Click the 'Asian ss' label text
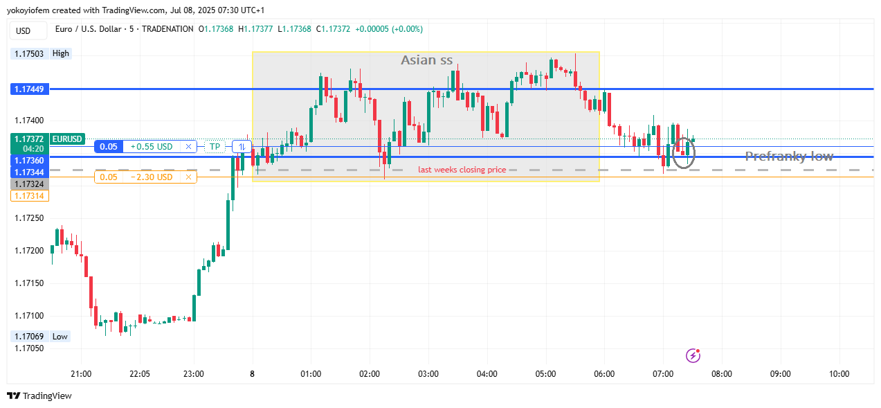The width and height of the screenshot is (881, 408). click(426, 60)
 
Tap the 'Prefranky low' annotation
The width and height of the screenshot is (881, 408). click(789, 157)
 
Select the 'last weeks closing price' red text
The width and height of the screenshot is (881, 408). click(462, 170)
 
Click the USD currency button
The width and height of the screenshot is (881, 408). click(24, 30)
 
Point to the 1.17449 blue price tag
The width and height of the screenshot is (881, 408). click(29, 89)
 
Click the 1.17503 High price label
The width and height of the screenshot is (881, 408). click(29, 53)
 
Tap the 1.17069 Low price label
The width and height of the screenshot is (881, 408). click(29, 337)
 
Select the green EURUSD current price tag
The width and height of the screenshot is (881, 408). click(48, 139)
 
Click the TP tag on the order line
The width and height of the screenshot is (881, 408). click(215, 147)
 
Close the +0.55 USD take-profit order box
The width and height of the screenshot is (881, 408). click(188, 147)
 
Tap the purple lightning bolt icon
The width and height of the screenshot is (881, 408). click(693, 355)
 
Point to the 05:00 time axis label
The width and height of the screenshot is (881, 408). click(545, 374)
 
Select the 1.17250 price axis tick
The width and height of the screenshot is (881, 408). click(29, 218)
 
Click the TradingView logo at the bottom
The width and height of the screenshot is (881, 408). click(39, 396)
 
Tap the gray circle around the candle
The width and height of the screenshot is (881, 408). click(684, 152)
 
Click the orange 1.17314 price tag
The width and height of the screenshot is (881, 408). click(29, 196)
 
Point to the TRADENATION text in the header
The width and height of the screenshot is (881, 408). click(167, 29)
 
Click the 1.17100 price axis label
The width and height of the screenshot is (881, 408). click(29, 316)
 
